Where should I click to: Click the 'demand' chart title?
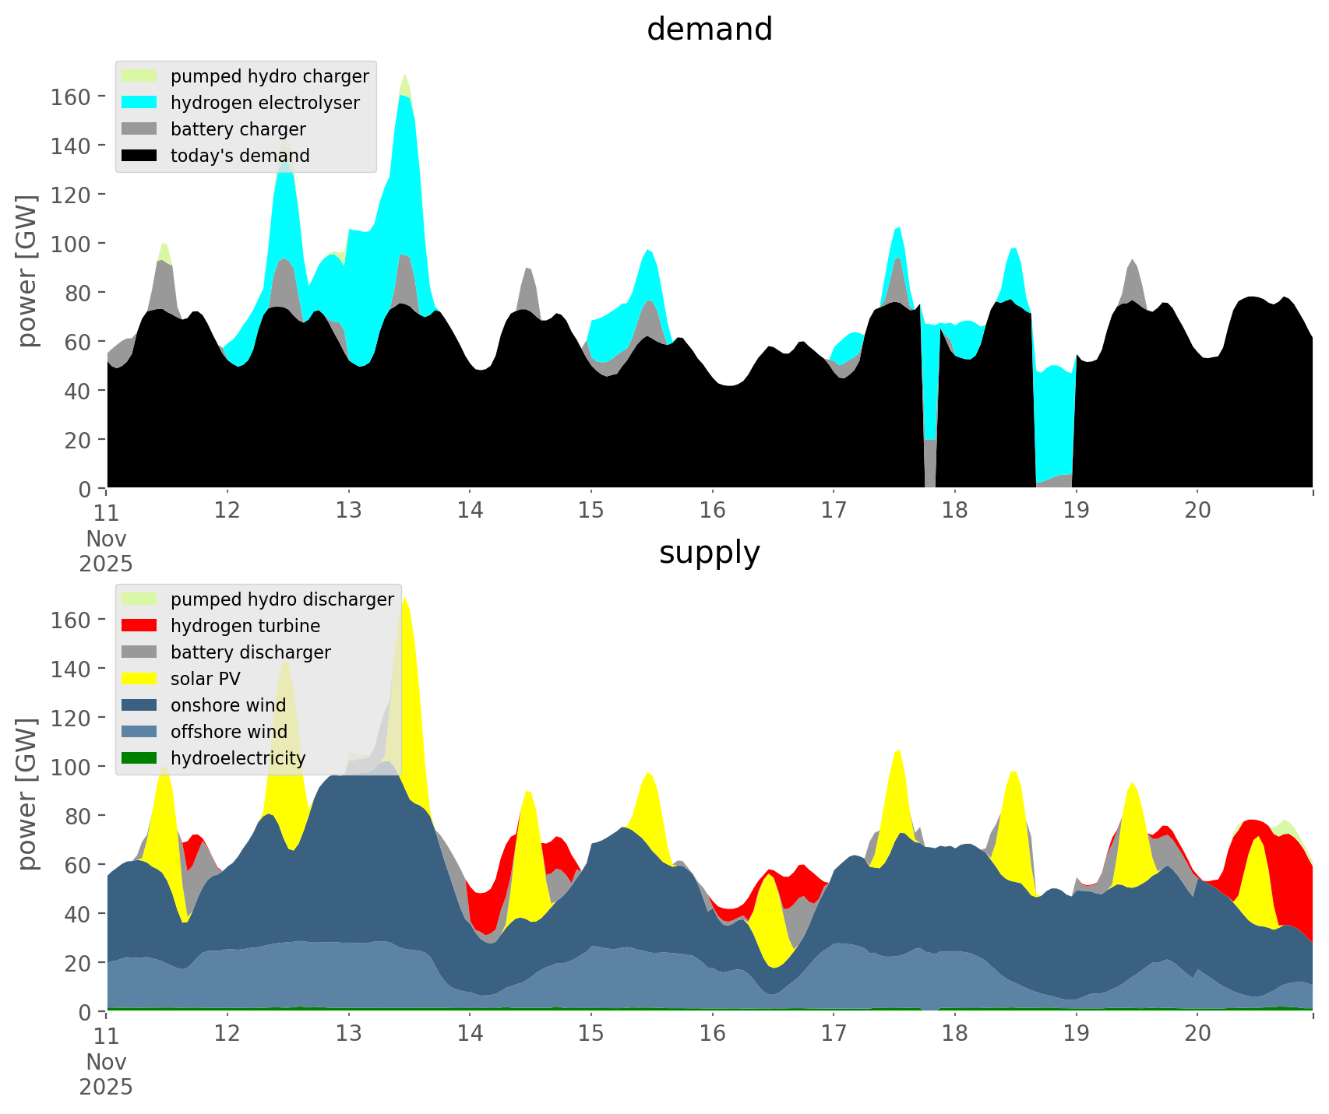709,30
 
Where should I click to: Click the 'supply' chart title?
709,553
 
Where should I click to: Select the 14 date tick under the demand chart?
470,511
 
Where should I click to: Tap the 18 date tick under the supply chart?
955,1034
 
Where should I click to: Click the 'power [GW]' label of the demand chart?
27,271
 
